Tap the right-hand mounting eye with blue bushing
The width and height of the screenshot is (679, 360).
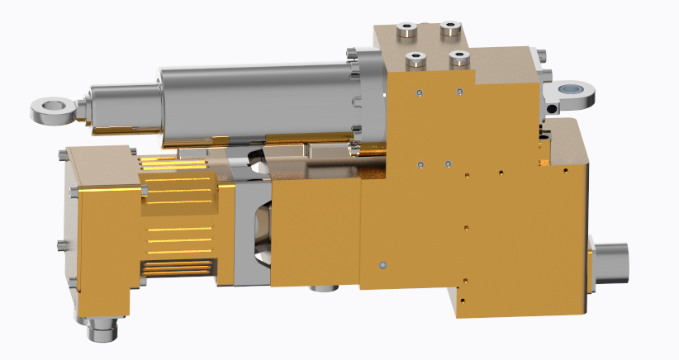point(571,88)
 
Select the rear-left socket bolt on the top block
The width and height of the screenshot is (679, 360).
point(406,32)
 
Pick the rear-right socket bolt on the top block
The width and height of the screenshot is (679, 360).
point(450,29)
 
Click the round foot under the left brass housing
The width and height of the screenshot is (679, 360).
point(102,332)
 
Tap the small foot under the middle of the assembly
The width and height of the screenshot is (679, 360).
point(323,287)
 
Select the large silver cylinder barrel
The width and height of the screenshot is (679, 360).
point(256,99)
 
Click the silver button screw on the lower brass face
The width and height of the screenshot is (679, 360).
point(382,265)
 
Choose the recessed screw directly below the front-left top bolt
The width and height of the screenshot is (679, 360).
point(420,92)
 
